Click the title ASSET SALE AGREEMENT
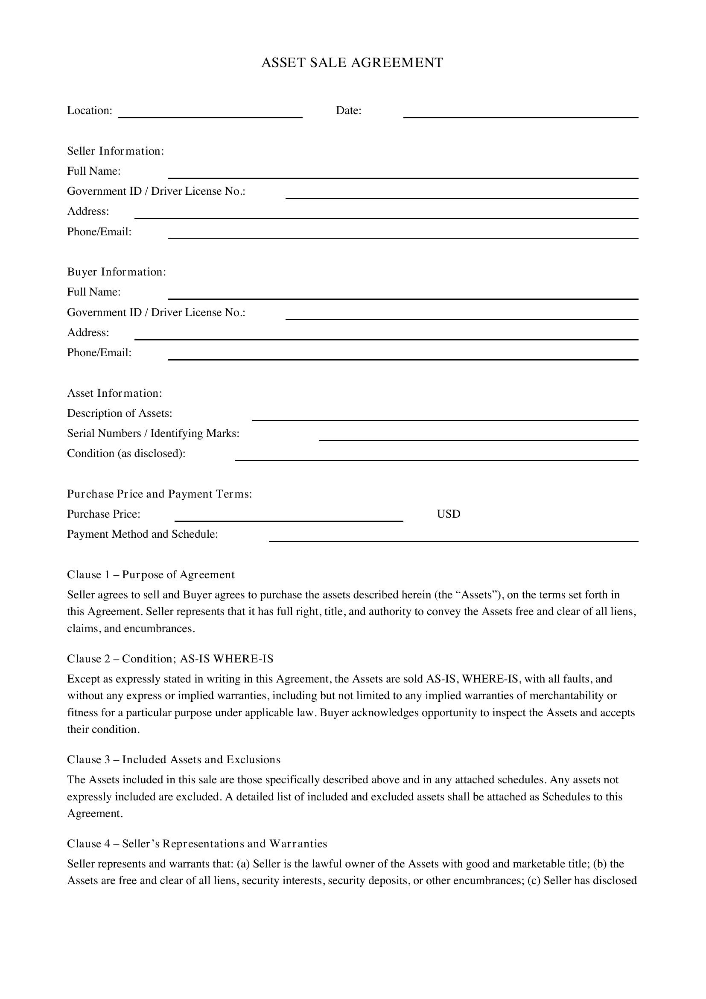click(352, 63)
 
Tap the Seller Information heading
click(115, 151)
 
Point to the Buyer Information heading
click(117, 272)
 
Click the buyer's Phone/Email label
click(99, 352)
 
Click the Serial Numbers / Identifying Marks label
click(153, 434)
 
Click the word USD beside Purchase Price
click(448, 514)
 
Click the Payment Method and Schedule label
click(142, 534)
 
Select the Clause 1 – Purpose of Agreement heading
click(150, 575)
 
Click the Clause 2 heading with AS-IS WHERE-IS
click(170, 659)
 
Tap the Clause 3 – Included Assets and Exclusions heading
click(173, 760)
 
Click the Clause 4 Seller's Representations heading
click(196, 844)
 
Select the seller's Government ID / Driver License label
click(156, 191)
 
